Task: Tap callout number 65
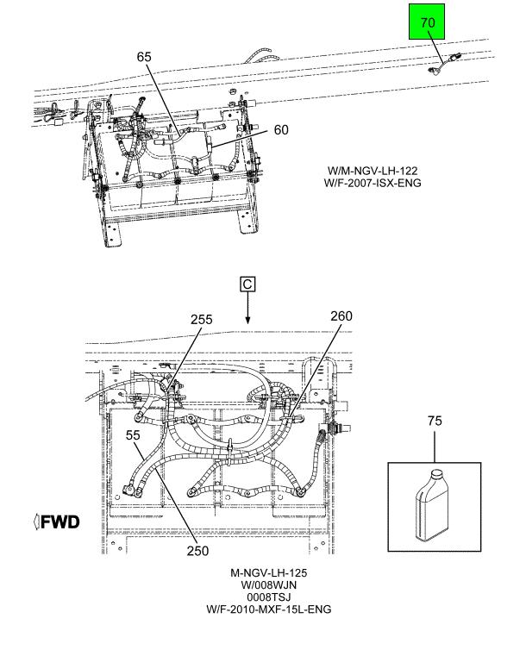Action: click(144, 57)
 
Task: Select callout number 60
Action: click(281, 130)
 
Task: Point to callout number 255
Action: click(201, 319)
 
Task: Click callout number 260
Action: click(341, 316)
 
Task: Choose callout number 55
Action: click(133, 435)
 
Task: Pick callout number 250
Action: click(198, 550)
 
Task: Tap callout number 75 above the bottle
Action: click(435, 422)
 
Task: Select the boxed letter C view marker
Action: click(247, 284)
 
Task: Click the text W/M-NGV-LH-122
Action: click(373, 171)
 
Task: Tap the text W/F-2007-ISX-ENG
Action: click(373, 184)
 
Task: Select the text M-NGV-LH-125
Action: click(269, 572)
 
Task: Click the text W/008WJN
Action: click(269, 584)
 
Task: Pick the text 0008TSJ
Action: click(269, 597)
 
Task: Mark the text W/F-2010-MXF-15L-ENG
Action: click(269, 609)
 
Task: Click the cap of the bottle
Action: click(435, 473)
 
